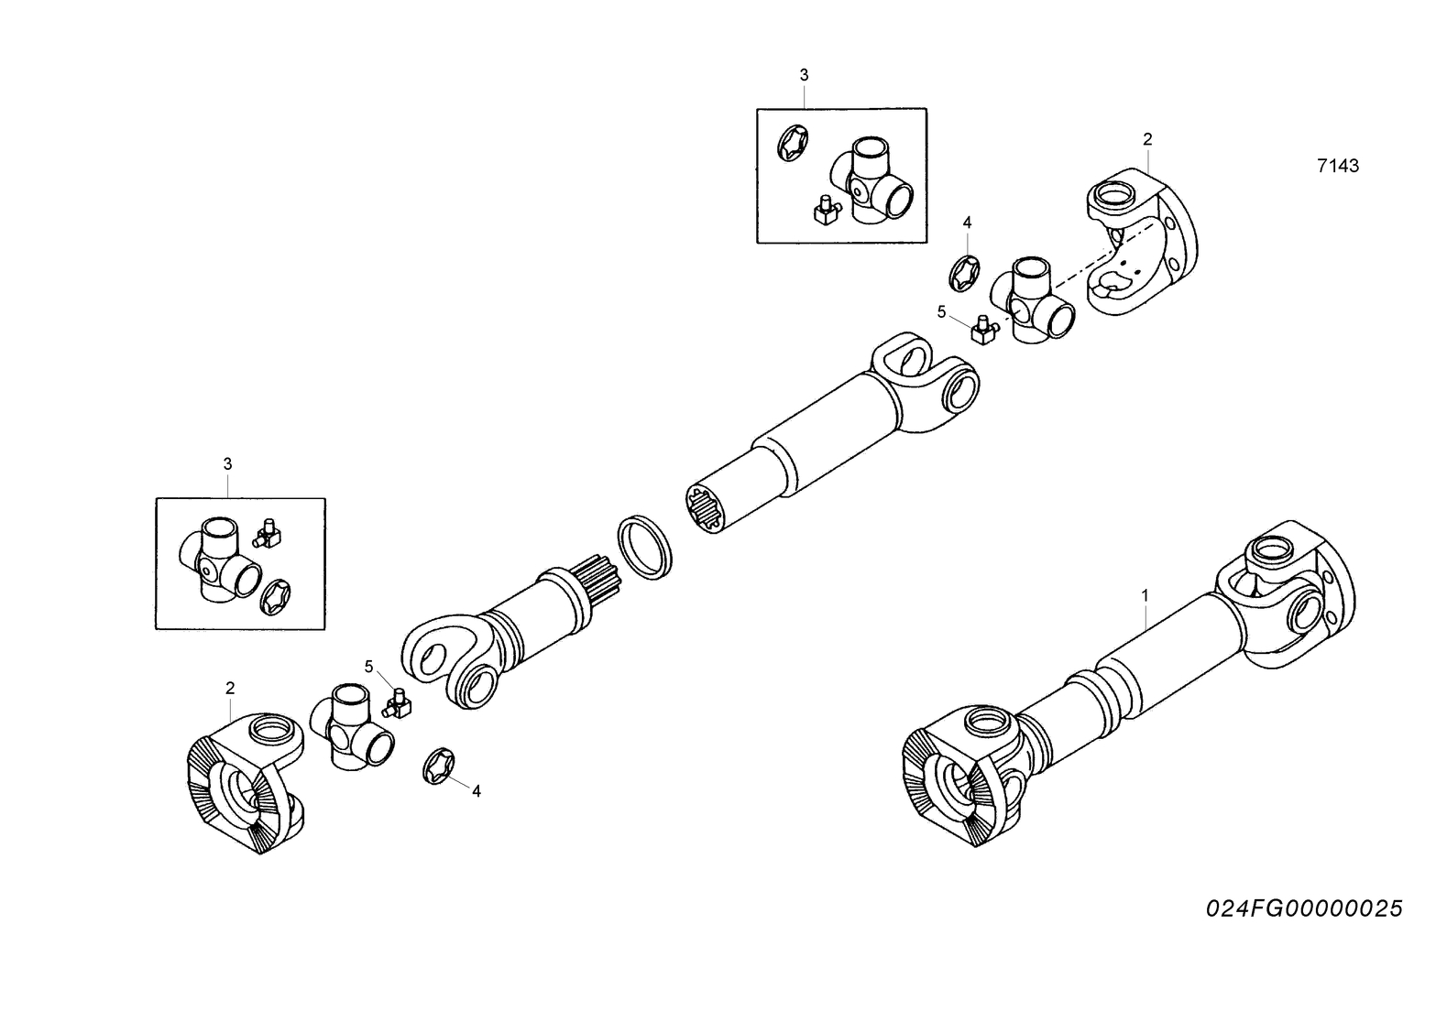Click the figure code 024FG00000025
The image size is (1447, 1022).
[1304, 908]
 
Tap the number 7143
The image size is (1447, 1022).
[1337, 166]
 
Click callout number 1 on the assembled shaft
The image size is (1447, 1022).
[1145, 595]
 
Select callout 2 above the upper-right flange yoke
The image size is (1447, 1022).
[1147, 139]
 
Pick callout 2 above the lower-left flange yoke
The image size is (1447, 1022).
[230, 687]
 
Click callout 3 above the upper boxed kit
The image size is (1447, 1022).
[804, 75]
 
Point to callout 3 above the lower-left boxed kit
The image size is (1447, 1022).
[228, 464]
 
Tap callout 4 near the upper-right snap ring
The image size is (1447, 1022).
[967, 223]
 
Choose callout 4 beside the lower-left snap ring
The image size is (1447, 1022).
[476, 791]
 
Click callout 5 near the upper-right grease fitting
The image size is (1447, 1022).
[941, 312]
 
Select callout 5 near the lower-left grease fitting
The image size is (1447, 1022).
[369, 667]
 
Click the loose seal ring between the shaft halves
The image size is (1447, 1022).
[645, 548]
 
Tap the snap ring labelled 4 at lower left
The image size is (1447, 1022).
[437, 766]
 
